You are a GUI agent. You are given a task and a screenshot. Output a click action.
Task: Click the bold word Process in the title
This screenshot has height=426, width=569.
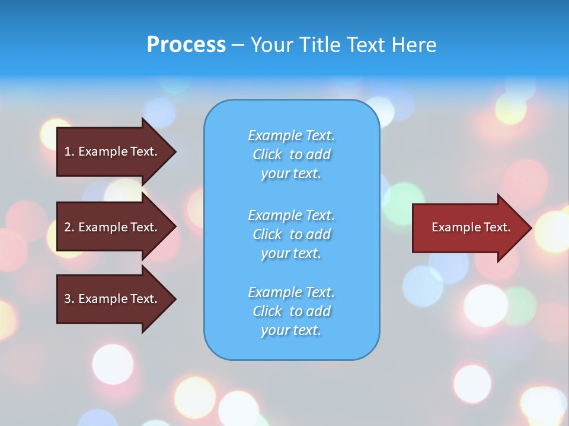(x=186, y=45)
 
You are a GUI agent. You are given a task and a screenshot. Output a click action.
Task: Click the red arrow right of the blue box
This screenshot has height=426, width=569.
(x=468, y=228)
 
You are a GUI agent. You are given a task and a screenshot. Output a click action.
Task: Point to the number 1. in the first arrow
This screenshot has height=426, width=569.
(x=69, y=151)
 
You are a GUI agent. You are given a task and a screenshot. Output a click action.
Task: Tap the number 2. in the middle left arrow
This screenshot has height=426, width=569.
(x=69, y=227)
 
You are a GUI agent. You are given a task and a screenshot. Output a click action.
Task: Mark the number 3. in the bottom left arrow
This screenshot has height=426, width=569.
(x=69, y=299)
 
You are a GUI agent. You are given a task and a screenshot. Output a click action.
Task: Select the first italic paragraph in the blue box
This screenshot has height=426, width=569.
(x=291, y=154)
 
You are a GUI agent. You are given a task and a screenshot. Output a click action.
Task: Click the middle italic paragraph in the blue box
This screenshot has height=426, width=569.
(x=291, y=234)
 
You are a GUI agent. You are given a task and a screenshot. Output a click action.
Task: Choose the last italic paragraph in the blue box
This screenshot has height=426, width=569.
(x=291, y=311)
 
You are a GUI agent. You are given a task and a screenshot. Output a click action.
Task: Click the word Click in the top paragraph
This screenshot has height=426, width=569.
(x=267, y=154)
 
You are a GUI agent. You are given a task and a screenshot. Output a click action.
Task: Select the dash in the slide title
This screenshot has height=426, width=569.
(x=238, y=46)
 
